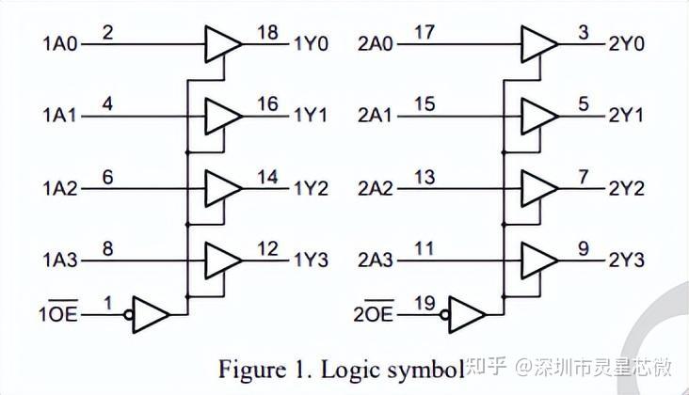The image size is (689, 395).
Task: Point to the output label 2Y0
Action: (x=626, y=42)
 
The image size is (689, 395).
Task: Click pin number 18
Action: (x=267, y=33)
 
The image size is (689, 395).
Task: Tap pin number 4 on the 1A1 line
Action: (x=108, y=105)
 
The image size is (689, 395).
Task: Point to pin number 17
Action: (x=424, y=33)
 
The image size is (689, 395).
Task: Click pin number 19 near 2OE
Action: (x=425, y=303)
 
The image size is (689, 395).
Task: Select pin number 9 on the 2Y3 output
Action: (x=585, y=250)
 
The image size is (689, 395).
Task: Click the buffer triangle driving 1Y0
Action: (x=222, y=42)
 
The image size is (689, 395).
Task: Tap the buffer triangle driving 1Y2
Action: (x=222, y=187)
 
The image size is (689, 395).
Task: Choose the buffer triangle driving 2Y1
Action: (x=538, y=115)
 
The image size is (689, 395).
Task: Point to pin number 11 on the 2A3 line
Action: (x=424, y=250)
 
